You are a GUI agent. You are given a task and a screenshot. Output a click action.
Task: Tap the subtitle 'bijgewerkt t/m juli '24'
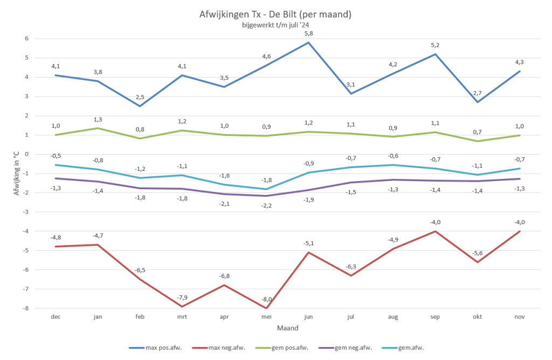(x=275, y=25)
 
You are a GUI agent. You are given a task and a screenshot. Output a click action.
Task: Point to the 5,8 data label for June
(x=308, y=33)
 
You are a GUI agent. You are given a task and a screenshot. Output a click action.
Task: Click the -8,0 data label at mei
(x=266, y=299)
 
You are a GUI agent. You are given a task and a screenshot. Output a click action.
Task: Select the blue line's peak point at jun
(x=308, y=43)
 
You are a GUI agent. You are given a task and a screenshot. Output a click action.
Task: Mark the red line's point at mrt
(x=182, y=307)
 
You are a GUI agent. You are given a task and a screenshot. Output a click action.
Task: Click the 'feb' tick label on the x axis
(x=140, y=317)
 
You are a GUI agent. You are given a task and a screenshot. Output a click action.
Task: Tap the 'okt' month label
(x=477, y=317)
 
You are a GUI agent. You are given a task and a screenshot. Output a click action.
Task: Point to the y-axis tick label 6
(x=25, y=38)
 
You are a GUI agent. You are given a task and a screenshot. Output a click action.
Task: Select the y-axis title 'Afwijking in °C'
(x=17, y=173)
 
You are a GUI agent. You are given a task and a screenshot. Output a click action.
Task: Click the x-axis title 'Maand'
(x=287, y=328)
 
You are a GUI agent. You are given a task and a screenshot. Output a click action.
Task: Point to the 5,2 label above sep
(x=435, y=45)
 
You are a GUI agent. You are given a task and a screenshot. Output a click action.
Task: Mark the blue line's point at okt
(x=477, y=102)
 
